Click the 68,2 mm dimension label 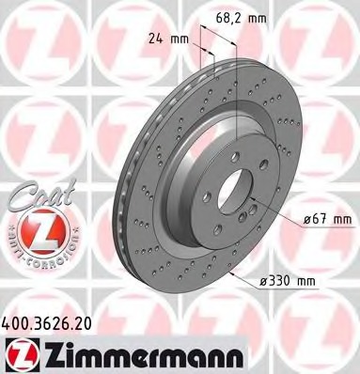pos(242,19)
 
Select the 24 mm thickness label pos(168,39)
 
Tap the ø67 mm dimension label pos(327,220)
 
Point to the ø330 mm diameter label pos(288,281)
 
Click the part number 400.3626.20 pos(47,323)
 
